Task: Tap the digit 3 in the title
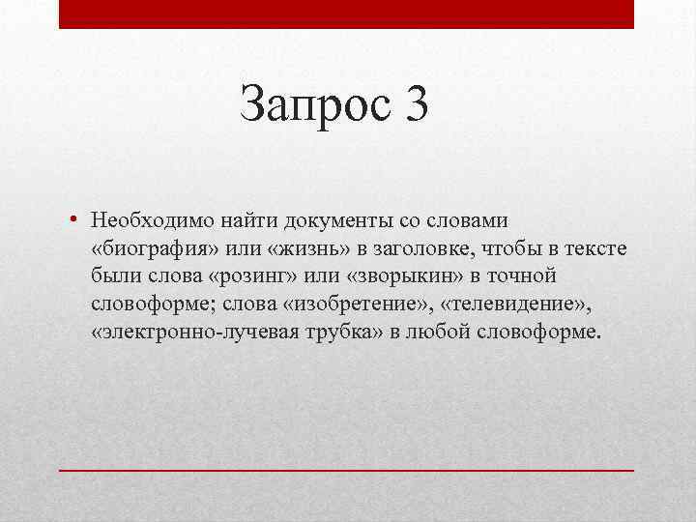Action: [412, 103]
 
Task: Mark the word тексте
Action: [594, 249]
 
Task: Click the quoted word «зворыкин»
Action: [394, 277]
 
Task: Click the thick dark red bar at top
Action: [346, 14]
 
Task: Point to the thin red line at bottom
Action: [346, 470]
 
